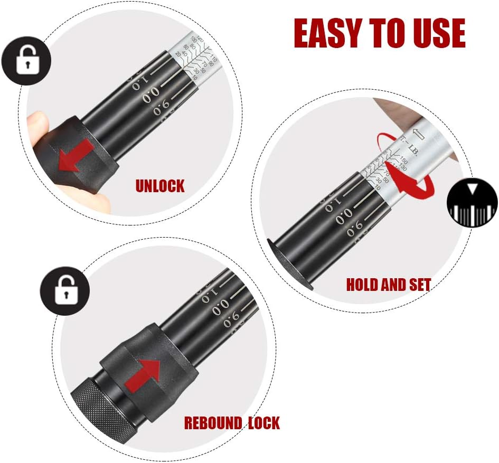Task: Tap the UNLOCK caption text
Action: click(160, 186)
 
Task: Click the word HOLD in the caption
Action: click(362, 285)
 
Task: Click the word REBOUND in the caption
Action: click(212, 423)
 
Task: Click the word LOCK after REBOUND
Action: click(262, 423)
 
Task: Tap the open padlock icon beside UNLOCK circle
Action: click(26, 62)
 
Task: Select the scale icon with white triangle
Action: click(472, 203)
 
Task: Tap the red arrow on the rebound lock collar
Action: click(145, 373)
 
